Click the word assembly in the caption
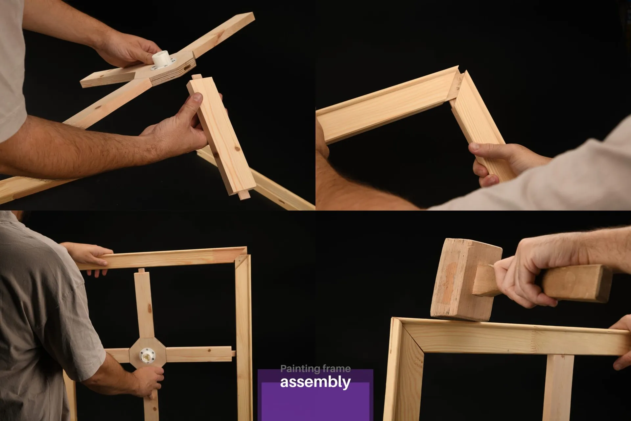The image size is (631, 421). tap(315, 382)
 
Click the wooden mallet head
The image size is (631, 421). tap(466, 280)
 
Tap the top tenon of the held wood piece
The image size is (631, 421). tap(197, 78)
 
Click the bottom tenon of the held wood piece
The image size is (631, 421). tap(244, 195)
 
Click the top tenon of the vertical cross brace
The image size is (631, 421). tap(141, 271)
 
